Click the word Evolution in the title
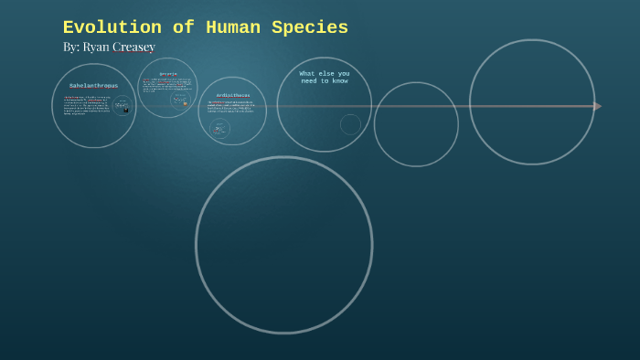pyautogui.click(x=100, y=28)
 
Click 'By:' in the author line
pyautogui.click(x=70, y=47)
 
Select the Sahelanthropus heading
pyautogui.click(x=93, y=86)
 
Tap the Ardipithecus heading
pyautogui.click(x=233, y=95)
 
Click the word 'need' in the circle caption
pyautogui.click(x=312, y=80)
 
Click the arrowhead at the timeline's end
pyautogui.click(x=597, y=106)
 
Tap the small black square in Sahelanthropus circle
pyautogui.click(x=125, y=110)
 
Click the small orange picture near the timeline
pyautogui.click(x=185, y=104)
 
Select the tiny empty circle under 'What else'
pyautogui.click(x=350, y=124)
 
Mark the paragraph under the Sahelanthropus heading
pyautogui.click(x=86, y=105)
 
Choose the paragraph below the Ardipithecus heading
pyautogui.click(x=230, y=106)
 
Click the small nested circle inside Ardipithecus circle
pyautogui.click(x=219, y=129)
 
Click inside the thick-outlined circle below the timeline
pyautogui.click(x=283, y=244)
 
